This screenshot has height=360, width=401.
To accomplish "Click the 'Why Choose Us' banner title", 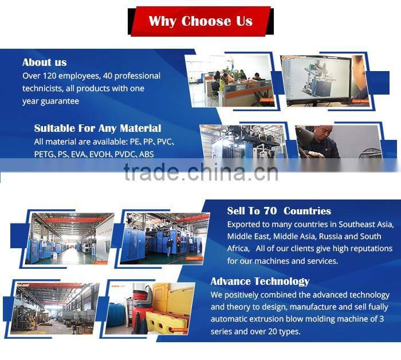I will click(x=200, y=21).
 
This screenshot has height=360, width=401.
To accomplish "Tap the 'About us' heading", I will click(x=45, y=62).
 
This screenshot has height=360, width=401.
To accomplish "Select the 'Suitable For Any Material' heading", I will click(x=97, y=128).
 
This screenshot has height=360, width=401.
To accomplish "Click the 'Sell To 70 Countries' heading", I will click(x=279, y=211).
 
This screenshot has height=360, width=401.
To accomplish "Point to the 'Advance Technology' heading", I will click(x=260, y=281).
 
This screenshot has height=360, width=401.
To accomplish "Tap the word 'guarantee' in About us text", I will click(x=58, y=101).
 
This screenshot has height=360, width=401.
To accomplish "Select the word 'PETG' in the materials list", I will click(x=44, y=154).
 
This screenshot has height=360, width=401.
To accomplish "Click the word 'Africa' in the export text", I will click(x=238, y=249).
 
